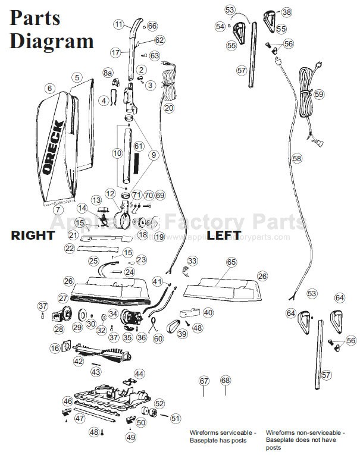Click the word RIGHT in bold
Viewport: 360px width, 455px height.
33,235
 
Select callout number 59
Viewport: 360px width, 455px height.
319,95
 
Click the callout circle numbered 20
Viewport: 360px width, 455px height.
169,108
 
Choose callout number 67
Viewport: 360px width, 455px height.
204,381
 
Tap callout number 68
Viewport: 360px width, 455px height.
225,381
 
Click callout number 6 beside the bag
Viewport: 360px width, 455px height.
49,88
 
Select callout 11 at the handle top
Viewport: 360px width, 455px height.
119,24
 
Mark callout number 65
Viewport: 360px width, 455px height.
231,262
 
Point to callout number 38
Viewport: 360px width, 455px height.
287,12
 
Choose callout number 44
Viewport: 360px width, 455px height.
139,374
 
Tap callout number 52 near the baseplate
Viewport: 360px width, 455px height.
159,404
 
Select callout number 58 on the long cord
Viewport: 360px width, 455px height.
297,159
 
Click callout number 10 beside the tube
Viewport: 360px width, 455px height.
117,153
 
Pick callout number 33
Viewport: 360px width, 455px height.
192,261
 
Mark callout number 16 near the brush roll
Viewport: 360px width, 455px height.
55,349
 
